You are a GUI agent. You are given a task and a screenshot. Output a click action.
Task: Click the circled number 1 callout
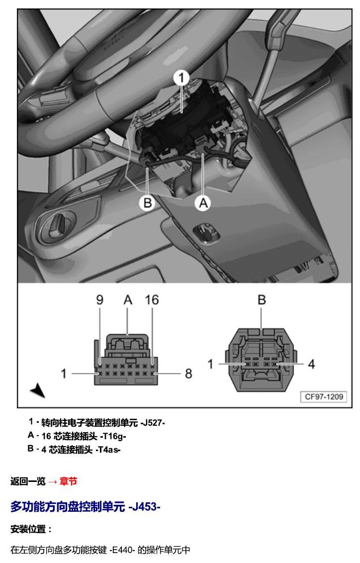pyautogui.click(x=181, y=78)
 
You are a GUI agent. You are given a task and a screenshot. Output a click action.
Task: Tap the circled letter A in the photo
pyautogui.click(x=203, y=203)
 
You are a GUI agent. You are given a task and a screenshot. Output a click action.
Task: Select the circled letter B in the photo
pyautogui.click(x=148, y=203)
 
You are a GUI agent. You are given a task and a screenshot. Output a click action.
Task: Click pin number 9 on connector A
pyautogui.click(x=100, y=299)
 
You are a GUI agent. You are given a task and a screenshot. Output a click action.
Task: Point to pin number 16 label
pyautogui.click(x=152, y=299)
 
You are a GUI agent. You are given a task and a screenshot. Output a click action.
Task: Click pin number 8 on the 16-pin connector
pyautogui.click(x=188, y=374)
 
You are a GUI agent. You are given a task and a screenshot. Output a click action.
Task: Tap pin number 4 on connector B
pyautogui.click(x=311, y=364)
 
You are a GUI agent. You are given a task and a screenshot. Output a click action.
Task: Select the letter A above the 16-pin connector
pyautogui.click(x=128, y=299)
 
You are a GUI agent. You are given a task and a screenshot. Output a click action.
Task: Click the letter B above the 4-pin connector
pyautogui.click(x=262, y=300)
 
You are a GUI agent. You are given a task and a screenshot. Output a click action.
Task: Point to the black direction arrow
pyautogui.click(x=38, y=390)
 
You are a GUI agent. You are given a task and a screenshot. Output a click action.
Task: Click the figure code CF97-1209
pyautogui.click(x=324, y=397)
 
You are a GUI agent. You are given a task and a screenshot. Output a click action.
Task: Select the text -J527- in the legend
pyautogui.click(x=153, y=423)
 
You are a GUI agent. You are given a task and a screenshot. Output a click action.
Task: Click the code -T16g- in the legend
pyautogui.click(x=113, y=436)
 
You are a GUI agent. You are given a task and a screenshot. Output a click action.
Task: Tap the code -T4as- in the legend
pyautogui.click(x=108, y=450)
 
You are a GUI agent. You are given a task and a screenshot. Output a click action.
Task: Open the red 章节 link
pyautogui.click(x=68, y=481)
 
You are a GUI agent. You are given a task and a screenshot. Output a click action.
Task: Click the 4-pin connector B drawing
pyautogui.click(x=261, y=360)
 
